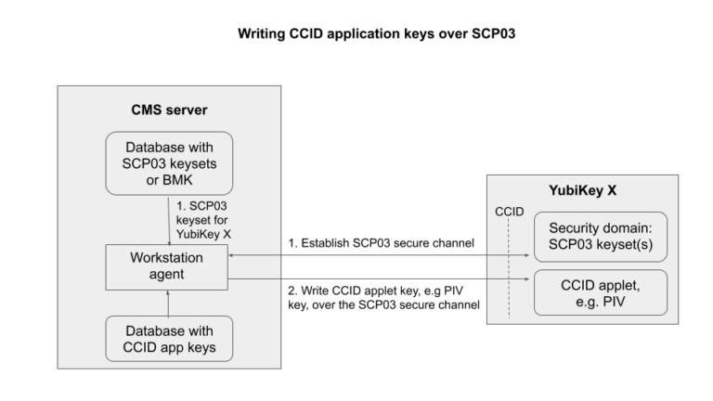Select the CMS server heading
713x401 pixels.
tap(168, 111)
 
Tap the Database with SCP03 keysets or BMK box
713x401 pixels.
tap(168, 163)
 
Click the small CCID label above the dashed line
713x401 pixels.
tap(509, 213)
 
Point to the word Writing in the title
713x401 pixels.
tap(266, 35)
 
